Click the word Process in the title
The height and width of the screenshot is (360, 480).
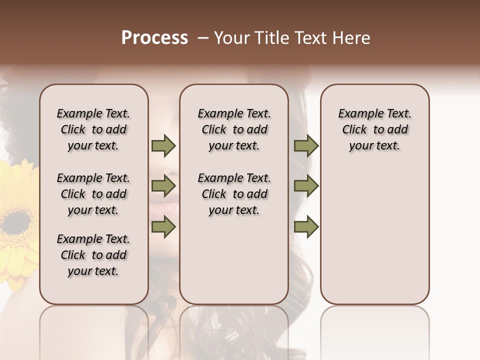154,38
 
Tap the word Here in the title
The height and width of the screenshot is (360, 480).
352,38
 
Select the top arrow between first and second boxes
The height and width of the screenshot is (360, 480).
163,145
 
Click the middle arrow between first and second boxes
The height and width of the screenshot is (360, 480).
163,186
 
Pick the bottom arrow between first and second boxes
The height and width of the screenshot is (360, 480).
163,227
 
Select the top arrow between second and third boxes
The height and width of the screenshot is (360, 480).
306,145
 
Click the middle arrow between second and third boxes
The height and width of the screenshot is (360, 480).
306,186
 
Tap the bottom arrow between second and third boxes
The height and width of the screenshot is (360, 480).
306,227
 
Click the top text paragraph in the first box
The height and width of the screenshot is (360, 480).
93,129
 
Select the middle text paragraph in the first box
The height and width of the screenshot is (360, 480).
93,194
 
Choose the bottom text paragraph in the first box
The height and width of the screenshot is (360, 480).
93,255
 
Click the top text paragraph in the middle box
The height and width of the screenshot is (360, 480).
234,129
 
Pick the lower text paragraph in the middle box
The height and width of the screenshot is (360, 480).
234,194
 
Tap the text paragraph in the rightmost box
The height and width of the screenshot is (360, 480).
374,129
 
